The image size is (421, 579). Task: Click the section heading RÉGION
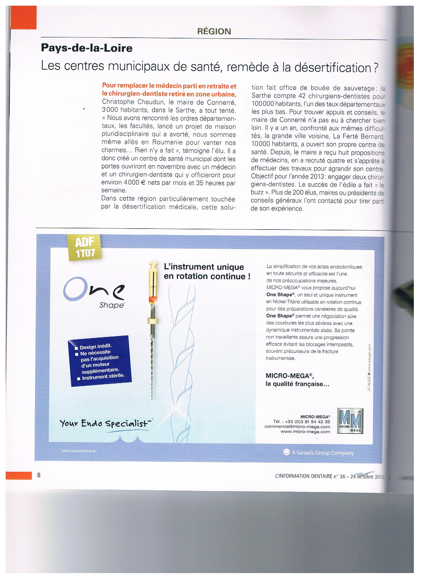[214, 31]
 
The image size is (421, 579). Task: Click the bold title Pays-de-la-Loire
[87, 48]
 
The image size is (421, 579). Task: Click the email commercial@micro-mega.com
[297, 427]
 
